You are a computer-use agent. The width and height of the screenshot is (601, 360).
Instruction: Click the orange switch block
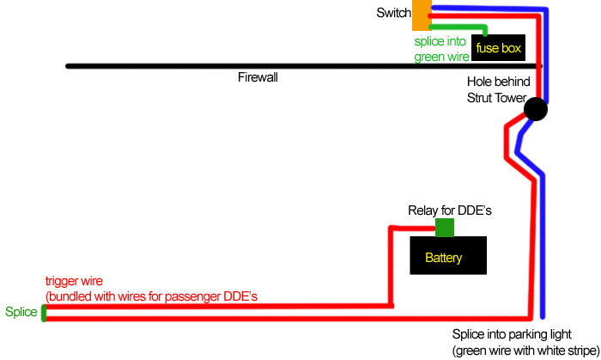coord(421,15)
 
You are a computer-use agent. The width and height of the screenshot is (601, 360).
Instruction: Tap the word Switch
coord(392,14)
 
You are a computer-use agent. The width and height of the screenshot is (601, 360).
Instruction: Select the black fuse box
coord(499,48)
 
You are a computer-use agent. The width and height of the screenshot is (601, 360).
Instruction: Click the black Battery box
coord(449,256)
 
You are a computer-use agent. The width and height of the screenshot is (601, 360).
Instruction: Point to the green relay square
coord(445,228)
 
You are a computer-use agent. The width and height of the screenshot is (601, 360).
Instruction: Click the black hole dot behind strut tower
coord(535,109)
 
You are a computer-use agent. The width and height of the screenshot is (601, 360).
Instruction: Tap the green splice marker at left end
coord(43,312)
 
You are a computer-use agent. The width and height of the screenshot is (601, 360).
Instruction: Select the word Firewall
coord(258,77)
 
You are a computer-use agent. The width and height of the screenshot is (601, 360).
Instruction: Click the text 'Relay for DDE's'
coord(449,210)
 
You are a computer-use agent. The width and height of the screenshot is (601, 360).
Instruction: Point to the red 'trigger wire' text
coord(74,281)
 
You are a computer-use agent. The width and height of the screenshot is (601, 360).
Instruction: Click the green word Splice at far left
coord(21,312)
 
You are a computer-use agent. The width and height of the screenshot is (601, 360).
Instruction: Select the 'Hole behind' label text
coord(498,82)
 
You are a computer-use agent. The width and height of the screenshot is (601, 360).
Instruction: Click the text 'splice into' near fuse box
coord(441,41)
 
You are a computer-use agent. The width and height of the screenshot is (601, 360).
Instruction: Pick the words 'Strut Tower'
coord(498,96)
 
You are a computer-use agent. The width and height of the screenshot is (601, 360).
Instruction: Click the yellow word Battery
coord(444,258)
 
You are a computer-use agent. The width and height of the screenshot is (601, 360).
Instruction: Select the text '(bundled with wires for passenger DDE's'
coord(152,296)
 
